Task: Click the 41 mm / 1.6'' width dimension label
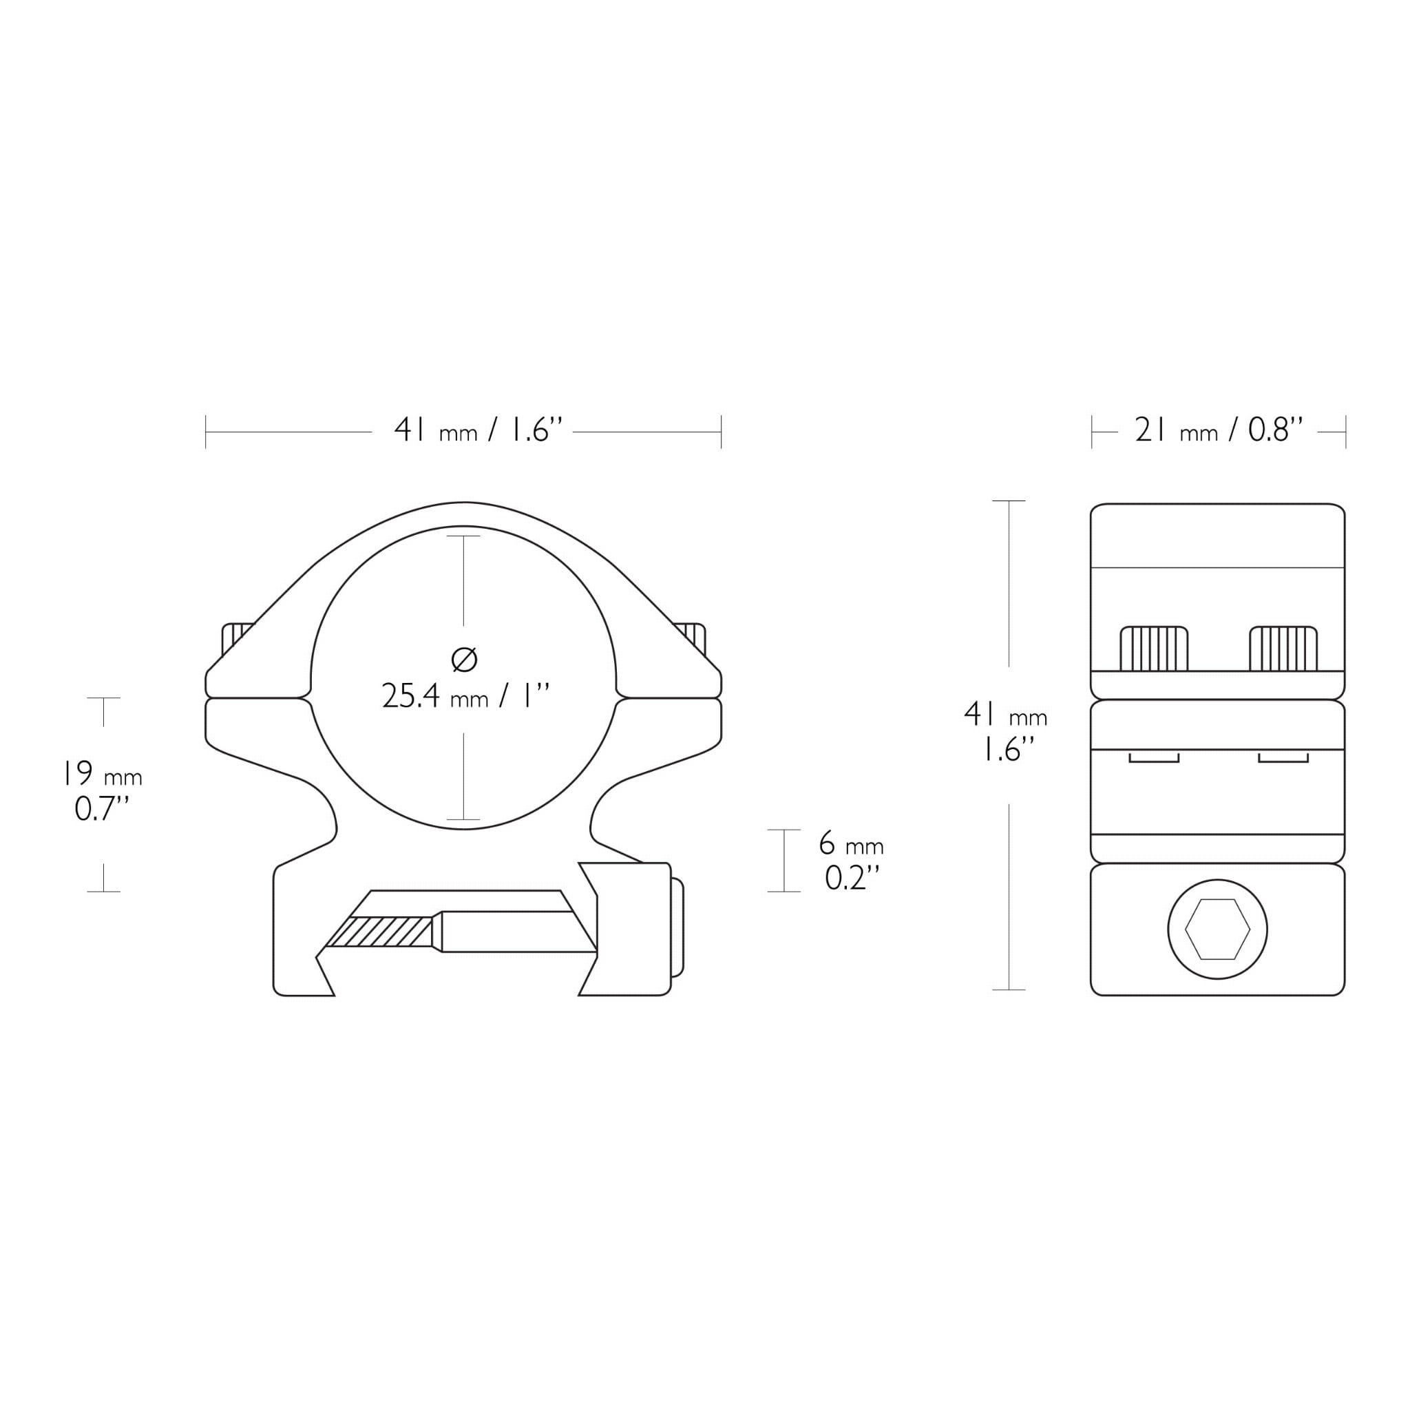478,430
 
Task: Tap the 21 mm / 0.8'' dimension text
1218,430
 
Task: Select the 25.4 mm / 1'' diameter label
465,696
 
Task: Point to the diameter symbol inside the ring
464,660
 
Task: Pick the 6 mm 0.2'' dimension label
851,861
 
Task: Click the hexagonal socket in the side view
1217,929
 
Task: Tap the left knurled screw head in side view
1154,648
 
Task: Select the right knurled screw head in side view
1283,648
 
